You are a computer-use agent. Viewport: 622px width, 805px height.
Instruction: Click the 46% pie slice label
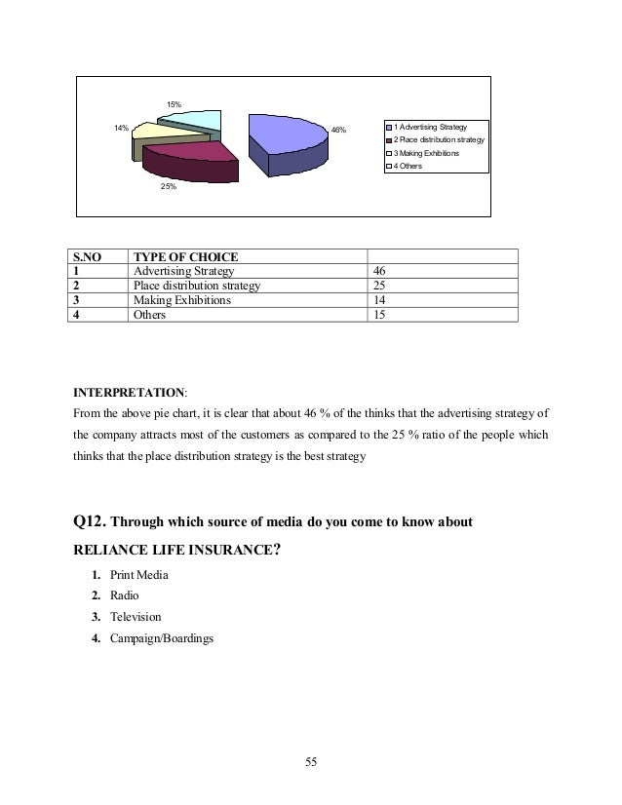338,129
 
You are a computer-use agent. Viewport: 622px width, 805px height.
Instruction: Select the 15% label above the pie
173,102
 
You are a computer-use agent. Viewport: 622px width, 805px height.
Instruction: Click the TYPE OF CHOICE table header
185,256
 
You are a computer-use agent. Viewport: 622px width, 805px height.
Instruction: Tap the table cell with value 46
379,271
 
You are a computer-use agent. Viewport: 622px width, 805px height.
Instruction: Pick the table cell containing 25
379,286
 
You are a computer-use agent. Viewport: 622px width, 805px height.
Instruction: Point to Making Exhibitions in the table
182,300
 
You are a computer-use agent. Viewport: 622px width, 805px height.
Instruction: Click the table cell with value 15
379,315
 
